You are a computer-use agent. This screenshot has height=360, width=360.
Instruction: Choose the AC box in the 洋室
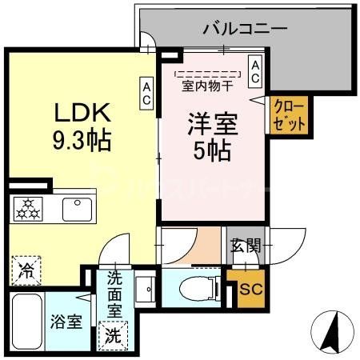click(254, 70)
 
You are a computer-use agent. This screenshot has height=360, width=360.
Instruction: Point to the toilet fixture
click(194, 286)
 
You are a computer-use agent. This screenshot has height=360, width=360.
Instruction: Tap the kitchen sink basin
click(77, 209)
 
